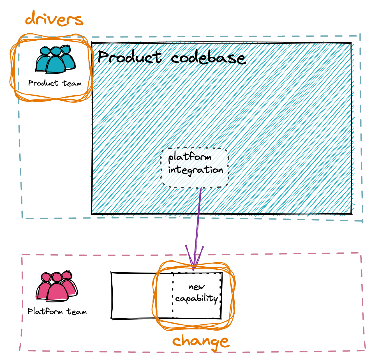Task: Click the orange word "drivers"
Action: [54, 19]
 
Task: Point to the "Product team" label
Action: [55, 83]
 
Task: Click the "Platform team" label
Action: [57, 311]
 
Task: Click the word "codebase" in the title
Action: [208, 58]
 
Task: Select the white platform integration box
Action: [195, 168]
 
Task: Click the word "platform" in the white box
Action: [190, 157]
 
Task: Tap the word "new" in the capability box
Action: [197, 287]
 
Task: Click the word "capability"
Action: [197, 299]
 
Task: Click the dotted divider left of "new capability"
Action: [173, 296]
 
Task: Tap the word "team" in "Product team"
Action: [72, 84]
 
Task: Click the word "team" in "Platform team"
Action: [77, 312]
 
